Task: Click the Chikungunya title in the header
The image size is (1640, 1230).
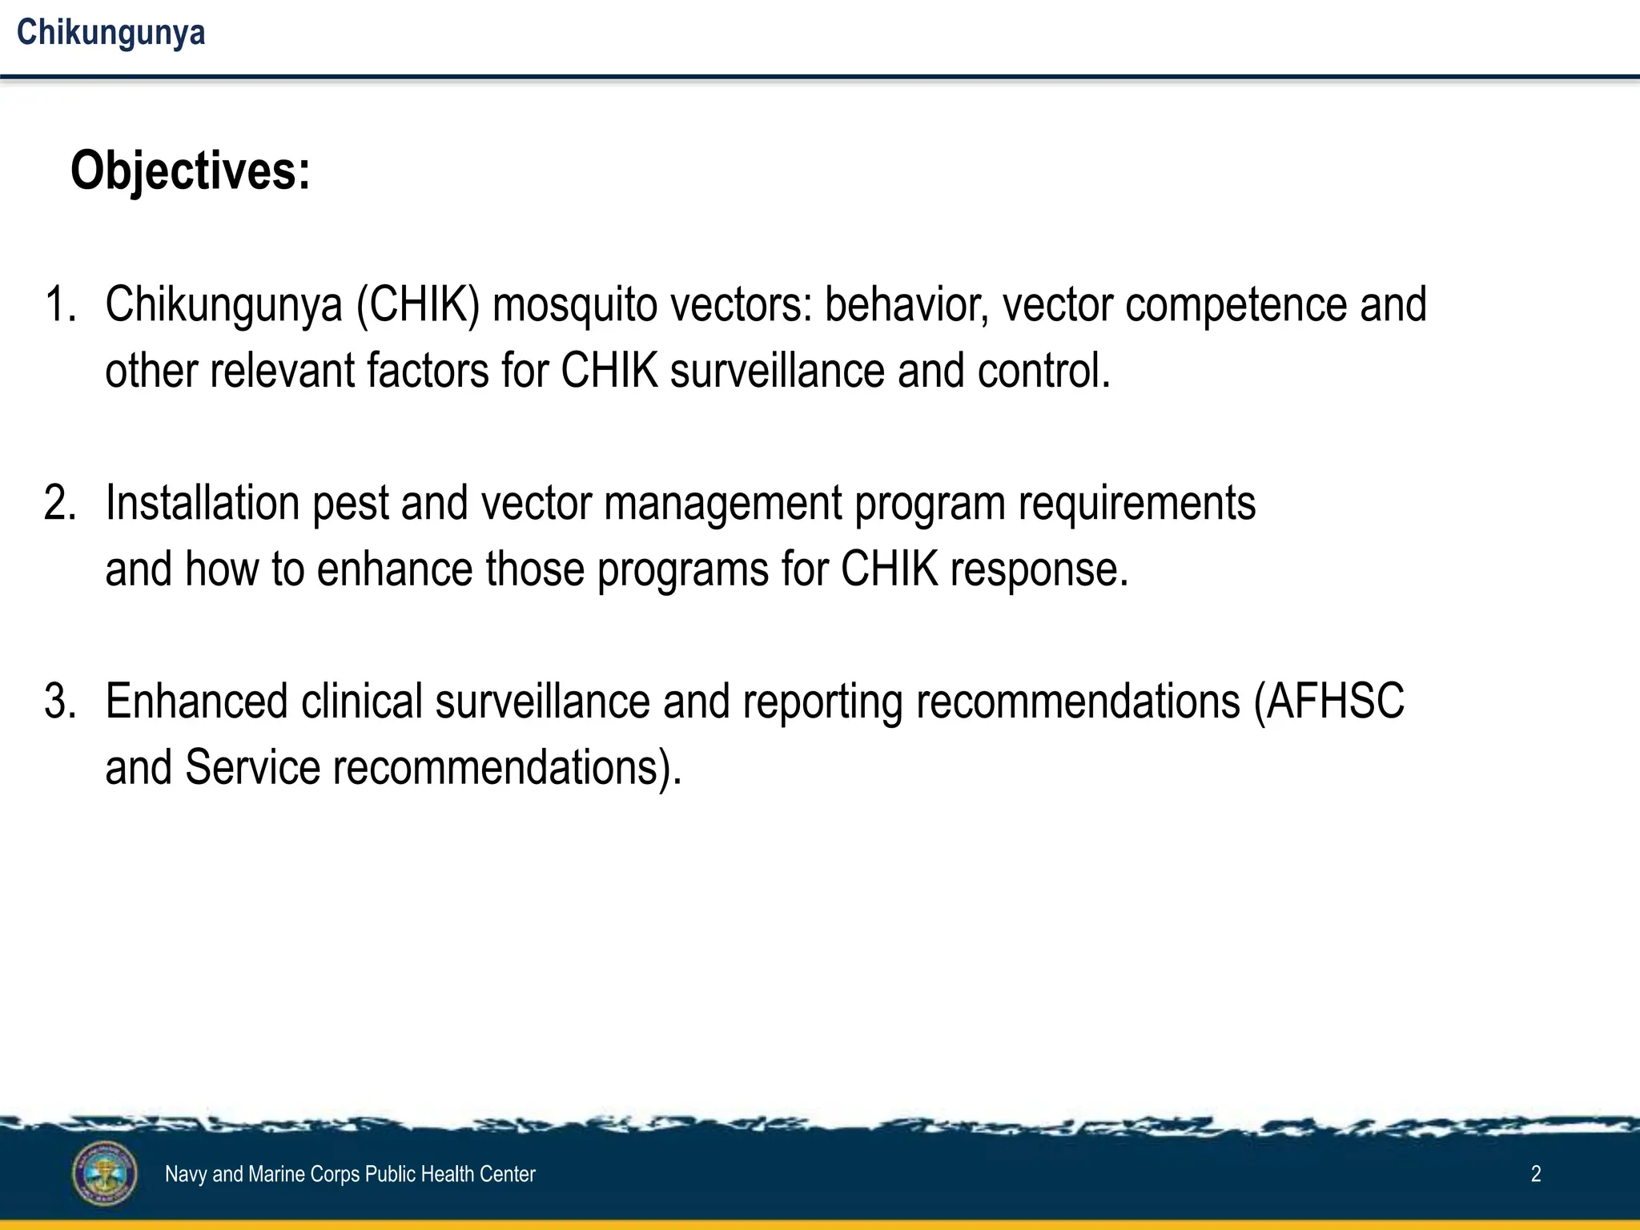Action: pos(111,33)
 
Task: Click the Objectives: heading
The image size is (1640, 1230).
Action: pos(190,171)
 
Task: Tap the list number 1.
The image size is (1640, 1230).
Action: pos(59,305)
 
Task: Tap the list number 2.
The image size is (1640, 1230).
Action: pos(59,504)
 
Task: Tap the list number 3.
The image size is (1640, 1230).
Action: pos(59,701)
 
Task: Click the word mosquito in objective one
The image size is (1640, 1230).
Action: pos(574,305)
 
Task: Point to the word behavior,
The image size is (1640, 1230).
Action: pos(906,305)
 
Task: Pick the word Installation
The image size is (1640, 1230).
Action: pos(202,504)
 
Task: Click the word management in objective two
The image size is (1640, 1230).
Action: pos(722,504)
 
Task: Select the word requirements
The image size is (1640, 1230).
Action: pos(1136,504)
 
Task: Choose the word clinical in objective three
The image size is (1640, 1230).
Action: pos(361,701)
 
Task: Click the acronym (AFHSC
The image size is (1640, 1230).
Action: pos(1328,701)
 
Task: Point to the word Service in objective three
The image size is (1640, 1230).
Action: pos(252,767)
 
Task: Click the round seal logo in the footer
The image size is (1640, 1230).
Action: pos(105,1174)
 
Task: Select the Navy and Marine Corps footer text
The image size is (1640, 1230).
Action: pos(350,1174)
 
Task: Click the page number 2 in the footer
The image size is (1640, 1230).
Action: pos(1535,1174)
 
